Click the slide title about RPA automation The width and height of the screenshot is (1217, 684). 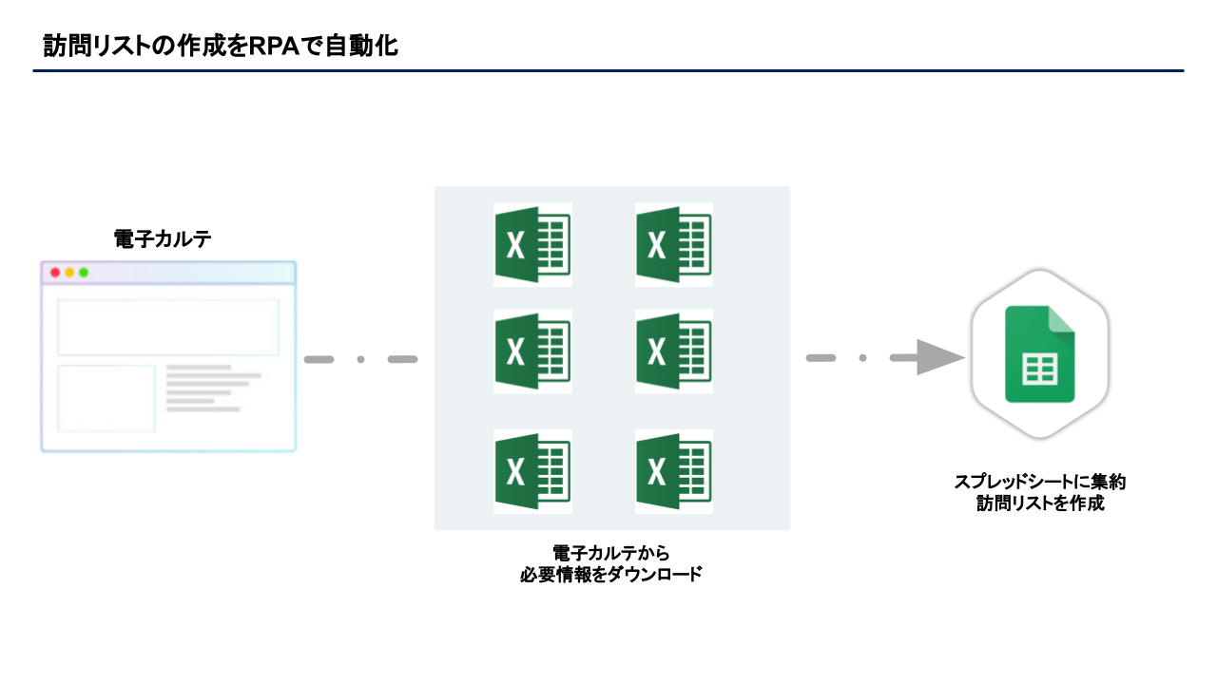(x=221, y=46)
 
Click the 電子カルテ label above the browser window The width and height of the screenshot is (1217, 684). (x=163, y=239)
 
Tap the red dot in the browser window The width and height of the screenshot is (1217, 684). (x=55, y=273)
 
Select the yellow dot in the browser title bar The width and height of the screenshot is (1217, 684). (x=69, y=273)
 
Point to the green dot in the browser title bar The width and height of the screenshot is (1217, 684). (x=84, y=273)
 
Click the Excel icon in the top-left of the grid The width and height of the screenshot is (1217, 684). (x=532, y=245)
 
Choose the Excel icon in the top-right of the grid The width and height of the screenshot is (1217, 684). (x=673, y=245)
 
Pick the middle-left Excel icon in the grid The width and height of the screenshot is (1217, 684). (x=532, y=351)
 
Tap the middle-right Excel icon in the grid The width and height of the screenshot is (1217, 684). (x=673, y=351)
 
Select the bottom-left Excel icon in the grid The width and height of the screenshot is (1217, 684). (x=532, y=472)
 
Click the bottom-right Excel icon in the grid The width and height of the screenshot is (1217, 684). (x=673, y=472)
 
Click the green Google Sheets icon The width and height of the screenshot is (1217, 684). (x=1040, y=354)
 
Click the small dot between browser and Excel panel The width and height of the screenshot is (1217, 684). (x=361, y=359)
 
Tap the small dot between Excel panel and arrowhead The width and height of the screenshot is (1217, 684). (x=862, y=358)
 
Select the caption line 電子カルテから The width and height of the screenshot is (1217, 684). (x=611, y=553)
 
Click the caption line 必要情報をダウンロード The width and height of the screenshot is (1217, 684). (x=611, y=575)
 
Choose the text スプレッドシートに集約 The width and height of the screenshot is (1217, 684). (x=1040, y=482)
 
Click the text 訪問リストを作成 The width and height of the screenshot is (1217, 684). (x=1040, y=503)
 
